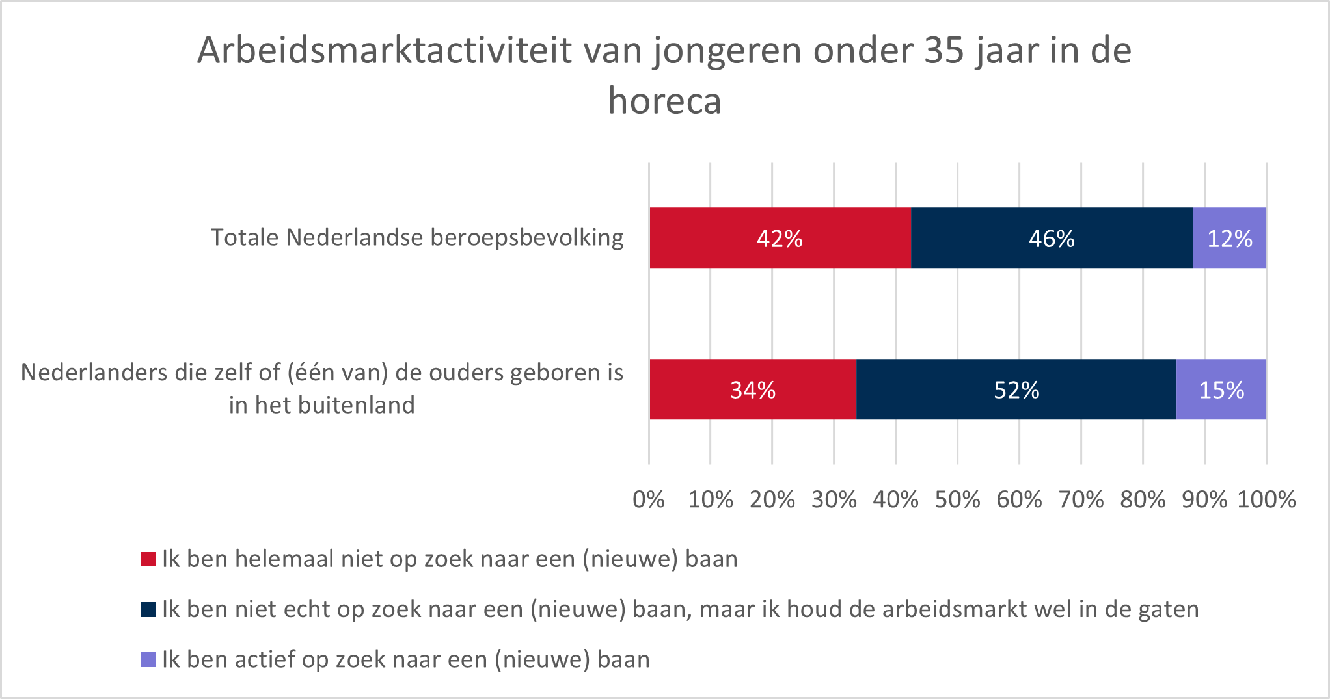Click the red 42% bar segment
(x=780, y=238)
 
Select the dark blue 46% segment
(x=1052, y=238)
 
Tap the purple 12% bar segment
(x=1229, y=238)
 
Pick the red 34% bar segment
(x=753, y=389)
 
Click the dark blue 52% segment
(x=1016, y=389)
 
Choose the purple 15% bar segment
(x=1221, y=389)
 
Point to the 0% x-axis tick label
(x=649, y=499)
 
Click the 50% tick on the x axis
(x=957, y=499)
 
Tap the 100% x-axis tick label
(x=1266, y=499)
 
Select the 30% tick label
(x=834, y=499)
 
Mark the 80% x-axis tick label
(x=1143, y=499)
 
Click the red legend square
(x=148, y=559)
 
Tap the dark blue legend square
(x=148, y=609)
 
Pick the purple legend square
(x=148, y=659)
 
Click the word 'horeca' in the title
(x=664, y=101)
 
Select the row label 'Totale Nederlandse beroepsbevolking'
(x=416, y=238)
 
